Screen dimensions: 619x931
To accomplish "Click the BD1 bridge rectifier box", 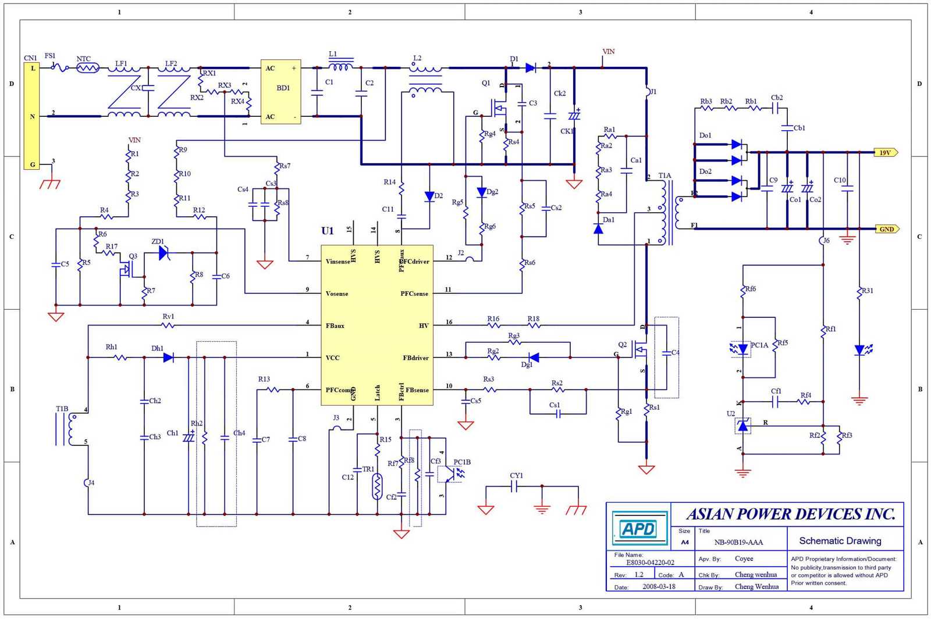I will [x=280, y=91].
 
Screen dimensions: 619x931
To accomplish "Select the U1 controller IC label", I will [x=328, y=231].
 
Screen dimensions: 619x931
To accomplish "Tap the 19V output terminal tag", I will [x=886, y=152].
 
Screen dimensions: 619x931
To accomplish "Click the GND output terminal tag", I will [x=887, y=229].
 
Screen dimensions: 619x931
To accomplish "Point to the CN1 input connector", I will [x=31, y=116].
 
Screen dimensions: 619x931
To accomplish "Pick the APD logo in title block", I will [x=639, y=529].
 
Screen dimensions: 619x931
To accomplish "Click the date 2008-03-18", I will [x=659, y=586].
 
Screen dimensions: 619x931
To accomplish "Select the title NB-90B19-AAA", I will [x=738, y=542].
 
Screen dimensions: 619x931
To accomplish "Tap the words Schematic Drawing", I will [x=840, y=541].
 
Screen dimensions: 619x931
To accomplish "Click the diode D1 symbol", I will [x=530, y=68].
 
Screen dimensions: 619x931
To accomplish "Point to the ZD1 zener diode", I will [x=164, y=253].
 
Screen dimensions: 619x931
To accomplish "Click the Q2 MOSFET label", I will [x=622, y=345].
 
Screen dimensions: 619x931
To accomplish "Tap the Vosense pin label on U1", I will [x=337, y=294].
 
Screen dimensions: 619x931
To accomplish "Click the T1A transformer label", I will [x=665, y=176].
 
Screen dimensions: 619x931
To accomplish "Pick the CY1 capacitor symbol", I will [x=514, y=486].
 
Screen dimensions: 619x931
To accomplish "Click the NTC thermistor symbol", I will [x=88, y=68].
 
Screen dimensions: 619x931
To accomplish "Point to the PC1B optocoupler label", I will [x=462, y=462].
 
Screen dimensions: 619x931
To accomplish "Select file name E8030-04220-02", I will [x=650, y=563].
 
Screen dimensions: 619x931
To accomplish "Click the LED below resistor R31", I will [x=860, y=350].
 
